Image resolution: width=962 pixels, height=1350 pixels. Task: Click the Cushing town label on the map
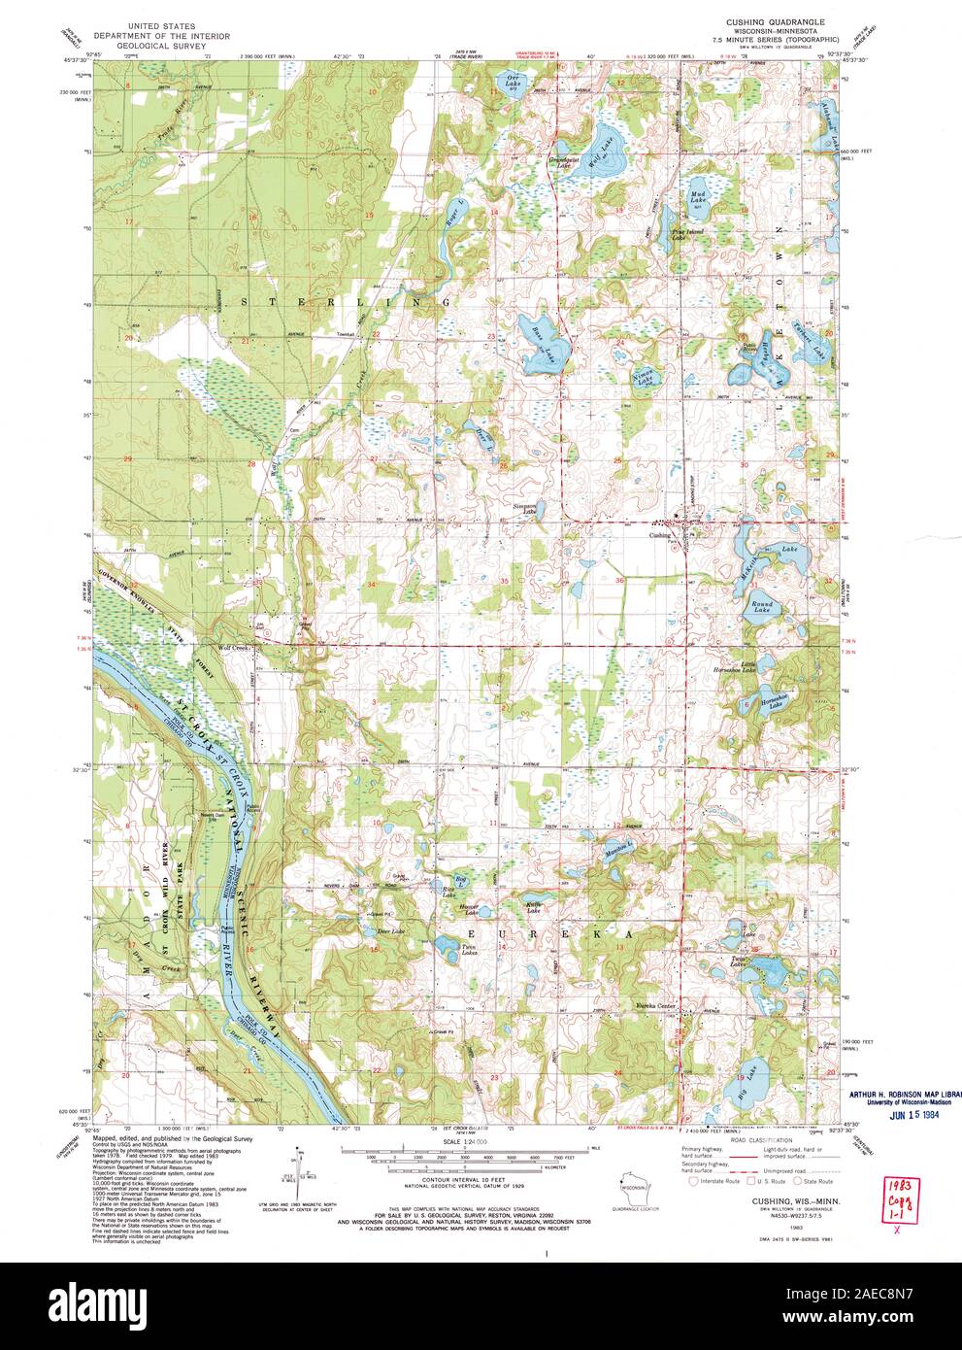pyautogui.click(x=659, y=535)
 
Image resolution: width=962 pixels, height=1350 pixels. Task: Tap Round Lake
pyautogui.click(x=763, y=607)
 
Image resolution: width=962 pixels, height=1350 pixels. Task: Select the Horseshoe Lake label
pyautogui.click(x=772, y=703)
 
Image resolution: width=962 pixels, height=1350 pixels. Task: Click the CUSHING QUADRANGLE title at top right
pyautogui.click(x=769, y=20)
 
